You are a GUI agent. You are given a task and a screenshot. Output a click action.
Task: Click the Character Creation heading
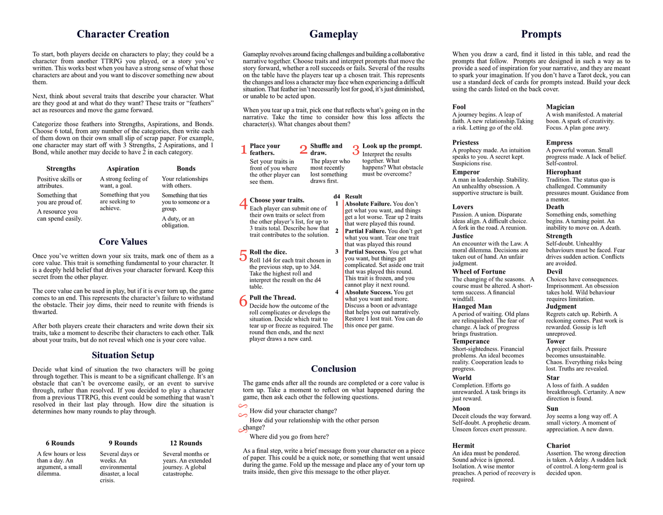tap(123, 34)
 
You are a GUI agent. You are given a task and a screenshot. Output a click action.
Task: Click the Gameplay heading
tap(333, 34)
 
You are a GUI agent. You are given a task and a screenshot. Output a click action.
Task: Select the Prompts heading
tap(541, 34)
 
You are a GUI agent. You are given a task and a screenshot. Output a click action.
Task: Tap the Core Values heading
tap(123, 242)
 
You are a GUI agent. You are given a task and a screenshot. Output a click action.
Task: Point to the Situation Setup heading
tap(123, 355)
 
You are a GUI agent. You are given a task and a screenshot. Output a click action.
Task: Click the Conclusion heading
tap(334, 369)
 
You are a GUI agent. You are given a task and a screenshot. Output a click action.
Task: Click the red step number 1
tap(244, 150)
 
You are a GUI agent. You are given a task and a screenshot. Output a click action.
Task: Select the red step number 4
tap(243, 204)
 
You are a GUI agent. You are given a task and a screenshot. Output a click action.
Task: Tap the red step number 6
tap(243, 301)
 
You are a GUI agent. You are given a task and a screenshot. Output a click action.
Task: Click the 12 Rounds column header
tap(186, 443)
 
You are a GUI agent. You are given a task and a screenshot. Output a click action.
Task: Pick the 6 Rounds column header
tap(60, 443)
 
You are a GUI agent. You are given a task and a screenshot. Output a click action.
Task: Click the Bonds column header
tap(186, 168)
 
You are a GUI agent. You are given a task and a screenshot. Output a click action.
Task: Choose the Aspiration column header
tap(123, 168)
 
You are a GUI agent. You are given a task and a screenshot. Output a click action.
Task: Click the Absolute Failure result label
tap(368, 204)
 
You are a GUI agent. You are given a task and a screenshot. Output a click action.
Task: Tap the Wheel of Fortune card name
tap(479, 272)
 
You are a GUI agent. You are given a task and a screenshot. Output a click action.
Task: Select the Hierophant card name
tap(564, 172)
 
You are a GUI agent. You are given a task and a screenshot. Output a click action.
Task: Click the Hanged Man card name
tap(472, 306)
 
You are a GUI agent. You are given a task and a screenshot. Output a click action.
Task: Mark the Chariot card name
tap(558, 445)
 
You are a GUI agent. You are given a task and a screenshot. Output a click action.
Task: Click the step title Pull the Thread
tap(273, 298)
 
